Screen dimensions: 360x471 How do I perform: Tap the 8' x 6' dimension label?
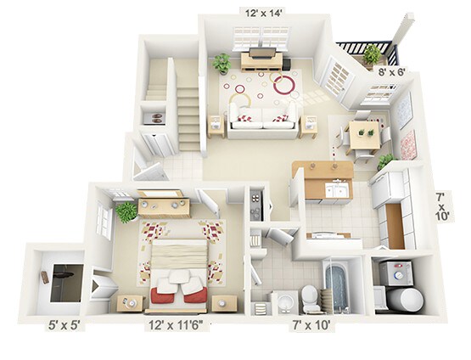click(x=390, y=72)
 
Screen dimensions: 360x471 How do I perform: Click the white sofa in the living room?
click(x=263, y=119)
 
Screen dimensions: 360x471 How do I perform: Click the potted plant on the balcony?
click(x=372, y=54)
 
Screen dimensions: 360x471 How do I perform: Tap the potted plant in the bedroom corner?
click(x=127, y=211)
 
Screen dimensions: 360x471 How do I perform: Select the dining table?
click(x=365, y=132)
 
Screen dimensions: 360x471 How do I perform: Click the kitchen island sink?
click(x=335, y=189)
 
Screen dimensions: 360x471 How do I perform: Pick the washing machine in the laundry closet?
click(x=395, y=272)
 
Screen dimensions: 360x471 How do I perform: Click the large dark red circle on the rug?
click(x=285, y=84)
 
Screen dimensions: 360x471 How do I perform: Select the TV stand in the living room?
click(x=261, y=59)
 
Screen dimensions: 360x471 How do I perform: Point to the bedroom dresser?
click(x=165, y=203)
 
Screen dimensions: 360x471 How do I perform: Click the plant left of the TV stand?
click(x=222, y=63)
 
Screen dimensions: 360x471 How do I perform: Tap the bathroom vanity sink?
click(x=281, y=301)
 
